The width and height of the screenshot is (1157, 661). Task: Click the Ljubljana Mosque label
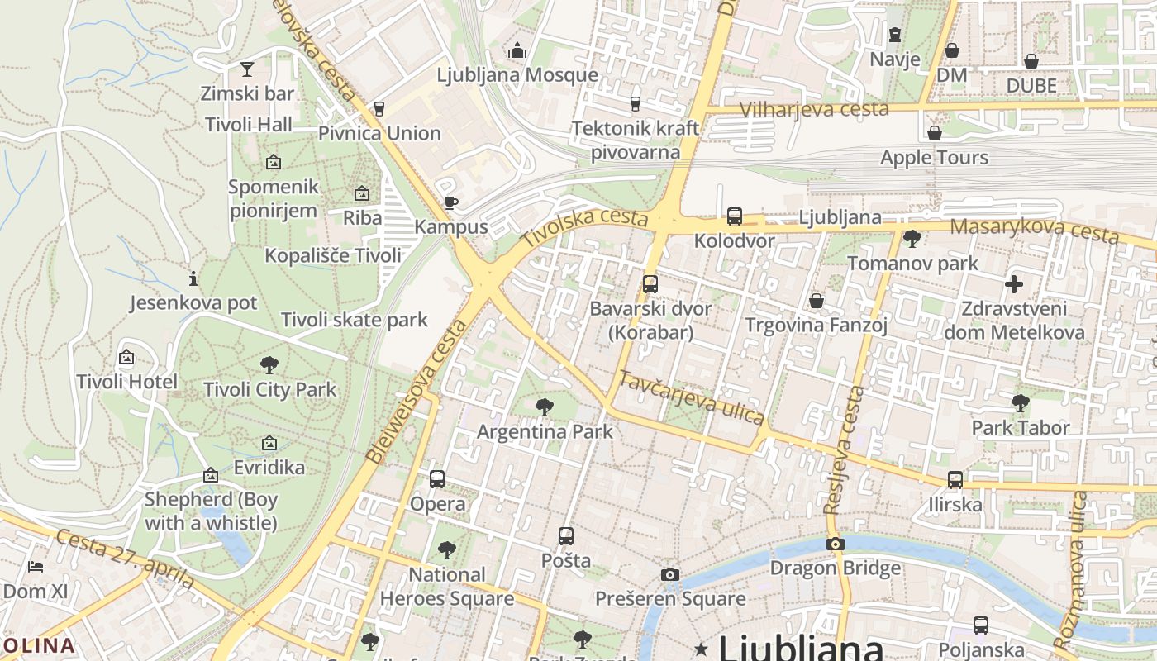(517, 74)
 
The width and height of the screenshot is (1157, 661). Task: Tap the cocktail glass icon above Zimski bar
(247, 69)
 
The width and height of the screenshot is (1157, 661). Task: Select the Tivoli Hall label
(249, 124)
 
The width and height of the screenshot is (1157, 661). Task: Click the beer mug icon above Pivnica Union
(379, 108)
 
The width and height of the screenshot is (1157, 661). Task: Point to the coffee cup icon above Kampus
(450, 202)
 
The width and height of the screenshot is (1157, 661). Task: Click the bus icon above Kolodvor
(735, 216)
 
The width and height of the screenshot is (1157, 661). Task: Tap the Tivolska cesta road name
(584, 226)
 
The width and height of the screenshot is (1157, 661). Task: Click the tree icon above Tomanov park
(912, 240)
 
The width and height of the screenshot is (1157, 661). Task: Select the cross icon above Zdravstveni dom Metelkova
(1014, 285)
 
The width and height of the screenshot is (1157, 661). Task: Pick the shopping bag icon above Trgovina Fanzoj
(817, 301)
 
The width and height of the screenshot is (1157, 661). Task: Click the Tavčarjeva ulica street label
(692, 398)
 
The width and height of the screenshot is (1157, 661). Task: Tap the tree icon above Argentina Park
(544, 407)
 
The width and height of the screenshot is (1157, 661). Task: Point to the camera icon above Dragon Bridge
(836, 544)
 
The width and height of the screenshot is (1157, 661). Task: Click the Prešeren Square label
(670, 598)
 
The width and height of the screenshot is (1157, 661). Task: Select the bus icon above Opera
(437, 479)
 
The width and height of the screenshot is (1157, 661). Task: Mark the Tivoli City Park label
(270, 389)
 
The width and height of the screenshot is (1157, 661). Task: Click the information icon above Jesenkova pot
(193, 278)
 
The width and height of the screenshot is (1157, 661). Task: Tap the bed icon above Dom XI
(36, 567)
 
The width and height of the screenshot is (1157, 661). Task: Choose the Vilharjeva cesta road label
(814, 109)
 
